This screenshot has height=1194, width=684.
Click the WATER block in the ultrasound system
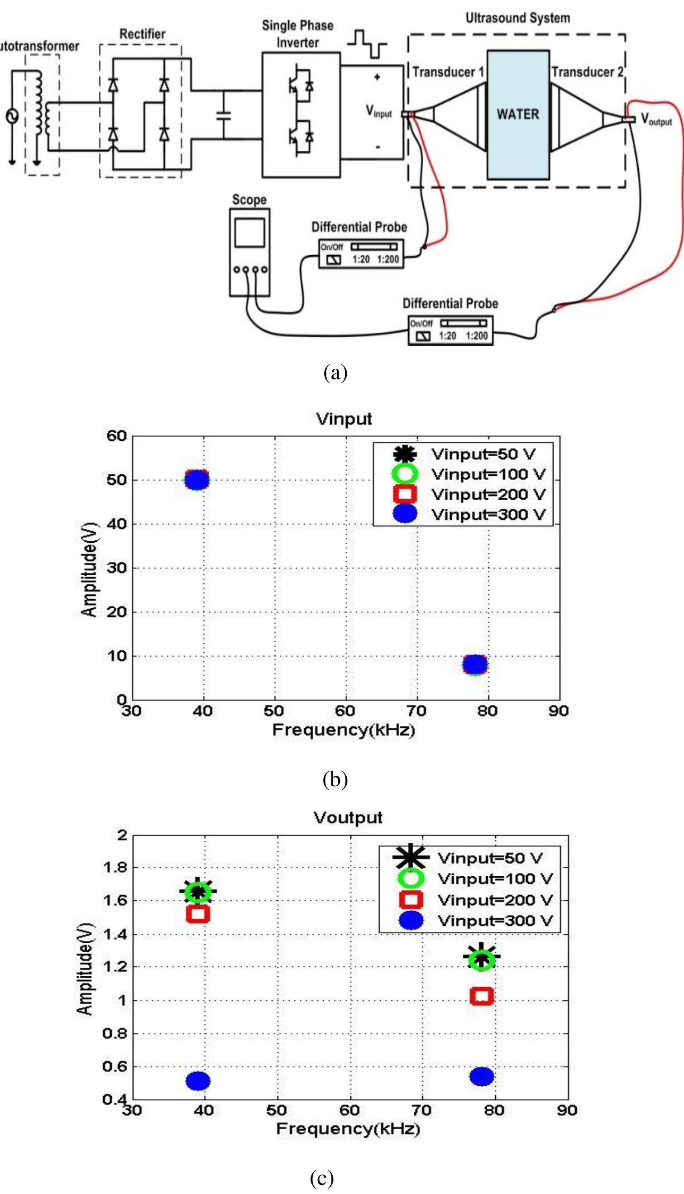[x=518, y=115]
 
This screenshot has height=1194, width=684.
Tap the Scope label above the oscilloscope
[x=249, y=200]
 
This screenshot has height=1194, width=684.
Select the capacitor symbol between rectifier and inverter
[x=224, y=115]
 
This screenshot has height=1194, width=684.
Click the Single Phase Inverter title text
[x=297, y=34]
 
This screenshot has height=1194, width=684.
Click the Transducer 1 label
[x=448, y=72]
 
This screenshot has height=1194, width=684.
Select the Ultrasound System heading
[x=517, y=18]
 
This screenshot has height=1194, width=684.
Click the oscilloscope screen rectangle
[x=249, y=233]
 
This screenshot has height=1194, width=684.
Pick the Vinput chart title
[x=344, y=419]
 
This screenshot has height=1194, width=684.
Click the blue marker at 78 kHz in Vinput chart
[x=475, y=664]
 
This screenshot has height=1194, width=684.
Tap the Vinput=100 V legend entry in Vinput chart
[x=488, y=474]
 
